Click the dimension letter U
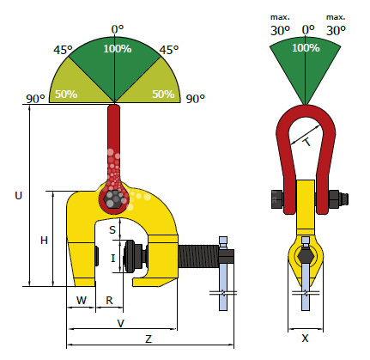18,196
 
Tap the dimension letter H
44,241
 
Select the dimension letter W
82,301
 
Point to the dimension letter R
109,301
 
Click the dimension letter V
121,323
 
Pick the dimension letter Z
149,339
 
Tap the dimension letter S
112,229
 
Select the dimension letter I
113,259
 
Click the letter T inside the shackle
306,142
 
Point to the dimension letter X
306,339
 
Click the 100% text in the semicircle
118,49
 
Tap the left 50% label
66,94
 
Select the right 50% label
163,94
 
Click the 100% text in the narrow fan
306,47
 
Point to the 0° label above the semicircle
118,29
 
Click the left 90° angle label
35,99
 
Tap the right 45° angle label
169,50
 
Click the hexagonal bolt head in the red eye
114,198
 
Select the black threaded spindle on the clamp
198,256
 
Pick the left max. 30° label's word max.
280,17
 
